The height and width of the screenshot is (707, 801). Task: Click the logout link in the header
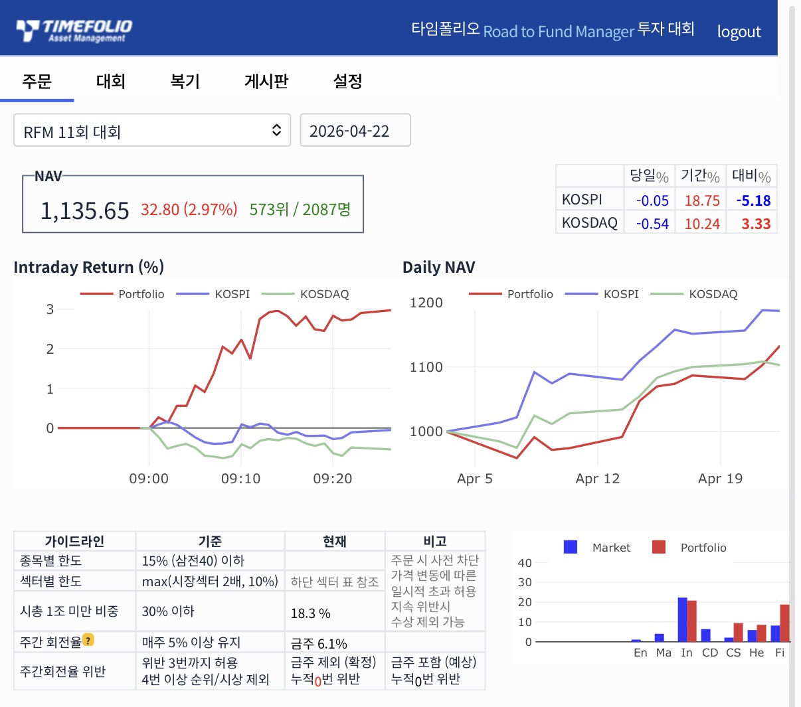[x=739, y=32]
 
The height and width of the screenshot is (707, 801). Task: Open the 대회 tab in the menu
[x=111, y=82]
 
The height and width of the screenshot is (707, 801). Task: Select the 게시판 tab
[x=266, y=82]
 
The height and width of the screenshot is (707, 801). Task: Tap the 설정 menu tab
[x=347, y=82]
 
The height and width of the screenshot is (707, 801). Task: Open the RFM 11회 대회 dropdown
[x=152, y=130]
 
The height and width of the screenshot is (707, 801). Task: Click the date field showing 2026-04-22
[x=355, y=130]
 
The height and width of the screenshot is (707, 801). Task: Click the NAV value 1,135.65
[x=84, y=210]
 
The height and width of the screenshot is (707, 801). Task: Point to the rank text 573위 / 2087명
[x=300, y=210]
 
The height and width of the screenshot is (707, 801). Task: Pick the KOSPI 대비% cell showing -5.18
[x=753, y=200]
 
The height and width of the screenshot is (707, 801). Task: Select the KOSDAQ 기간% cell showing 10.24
[x=702, y=224]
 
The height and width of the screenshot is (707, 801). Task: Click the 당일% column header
[x=649, y=176]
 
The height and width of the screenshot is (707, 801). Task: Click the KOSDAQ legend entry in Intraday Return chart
[x=306, y=294]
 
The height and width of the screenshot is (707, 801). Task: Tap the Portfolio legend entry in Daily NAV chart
[x=511, y=294]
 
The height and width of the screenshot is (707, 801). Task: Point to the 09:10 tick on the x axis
[x=241, y=479]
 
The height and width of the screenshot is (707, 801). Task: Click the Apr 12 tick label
[x=597, y=479]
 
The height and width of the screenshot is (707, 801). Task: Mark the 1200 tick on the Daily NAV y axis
[x=426, y=303]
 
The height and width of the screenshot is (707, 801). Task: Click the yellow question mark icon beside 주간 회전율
[x=88, y=639]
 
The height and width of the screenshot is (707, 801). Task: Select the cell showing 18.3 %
[x=310, y=613]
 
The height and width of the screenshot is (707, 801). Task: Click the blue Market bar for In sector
[x=682, y=619]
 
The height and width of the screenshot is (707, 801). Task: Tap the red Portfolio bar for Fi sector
[x=785, y=623]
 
